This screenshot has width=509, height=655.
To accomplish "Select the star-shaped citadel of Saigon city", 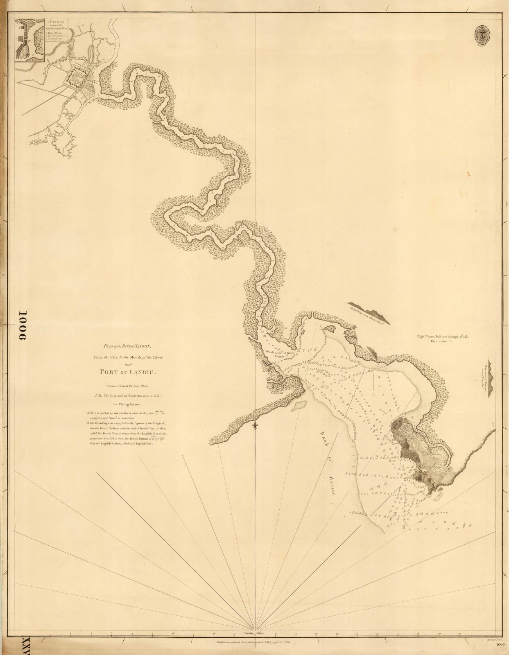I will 77,77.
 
